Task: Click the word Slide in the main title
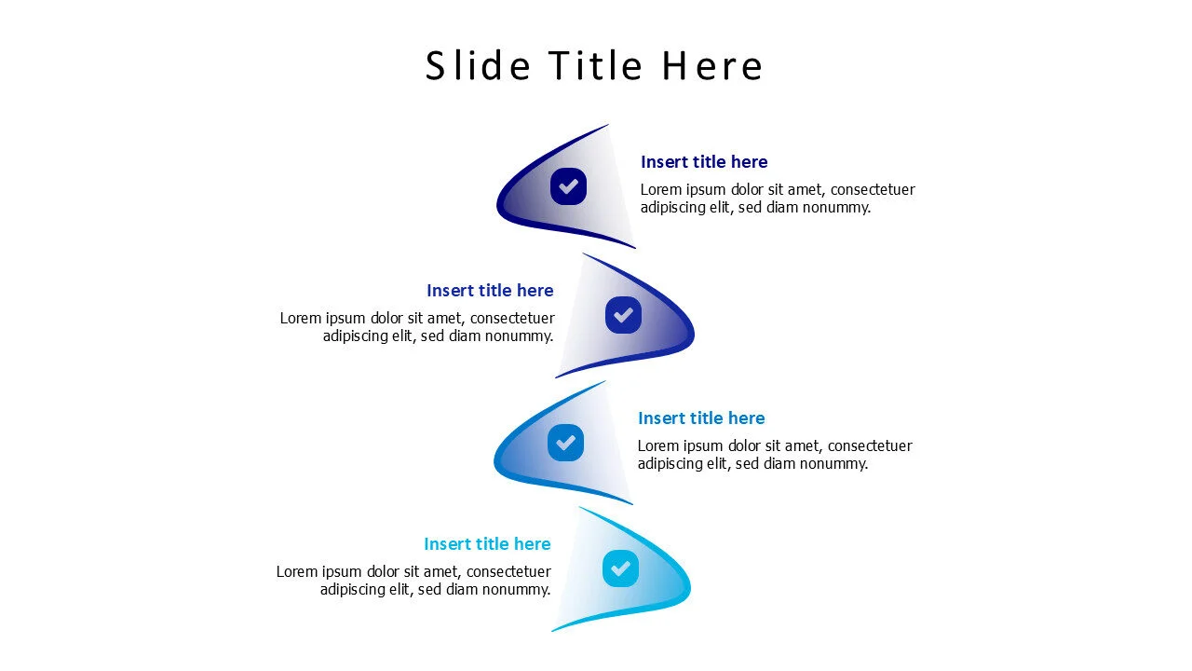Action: click(478, 65)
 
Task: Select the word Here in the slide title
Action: click(712, 66)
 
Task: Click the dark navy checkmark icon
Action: click(568, 186)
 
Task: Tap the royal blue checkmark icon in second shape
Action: click(623, 315)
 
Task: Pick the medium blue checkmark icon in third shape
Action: click(565, 443)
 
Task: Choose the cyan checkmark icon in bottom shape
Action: click(620, 568)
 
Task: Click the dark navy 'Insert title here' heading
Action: click(704, 162)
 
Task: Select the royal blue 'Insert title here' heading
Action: click(490, 290)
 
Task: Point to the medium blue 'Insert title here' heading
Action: click(701, 418)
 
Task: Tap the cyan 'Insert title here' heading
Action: click(487, 543)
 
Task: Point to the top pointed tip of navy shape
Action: click(608, 125)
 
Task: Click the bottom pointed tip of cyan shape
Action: click(553, 631)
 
